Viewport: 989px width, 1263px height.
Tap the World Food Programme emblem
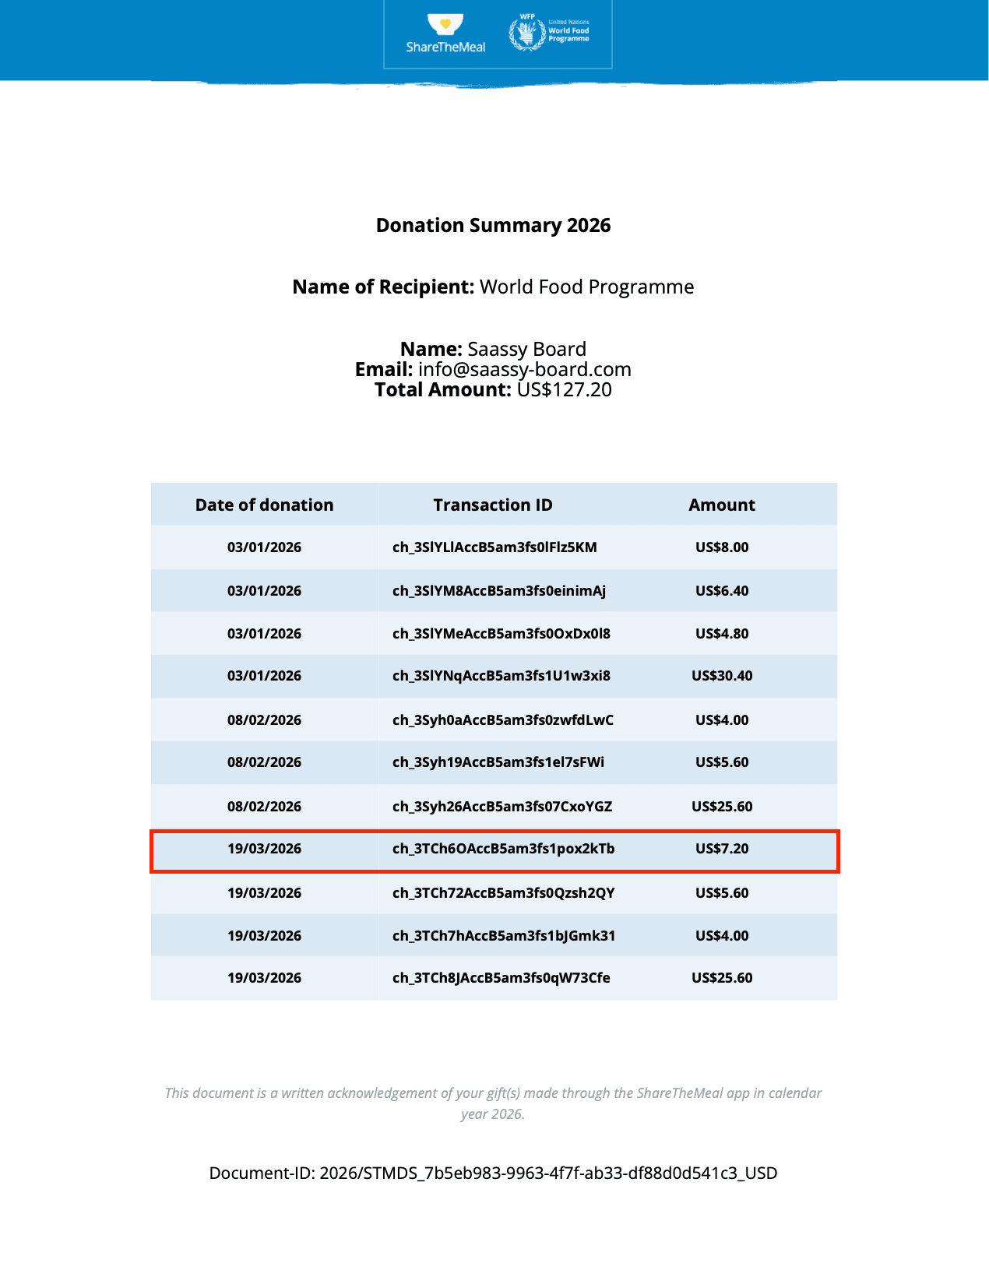pyautogui.click(x=527, y=33)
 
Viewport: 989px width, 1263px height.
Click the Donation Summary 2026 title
pyautogui.click(x=494, y=225)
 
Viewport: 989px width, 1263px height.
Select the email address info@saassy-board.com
pyautogui.click(x=524, y=369)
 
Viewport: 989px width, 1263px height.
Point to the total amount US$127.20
pyautogui.click(x=564, y=389)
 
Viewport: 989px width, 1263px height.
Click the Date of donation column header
pyautogui.click(x=264, y=505)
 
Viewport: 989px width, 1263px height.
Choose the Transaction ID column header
pyautogui.click(x=493, y=505)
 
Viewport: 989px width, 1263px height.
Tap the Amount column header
pyautogui.click(x=722, y=505)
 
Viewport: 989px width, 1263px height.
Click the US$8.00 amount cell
pyautogui.click(x=722, y=547)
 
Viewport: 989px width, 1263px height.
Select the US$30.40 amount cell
pyautogui.click(x=722, y=676)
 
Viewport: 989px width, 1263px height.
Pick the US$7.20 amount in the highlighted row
pyautogui.click(x=722, y=849)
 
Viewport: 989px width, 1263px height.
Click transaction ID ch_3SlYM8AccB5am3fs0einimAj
pyautogui.click(x=499, y=591)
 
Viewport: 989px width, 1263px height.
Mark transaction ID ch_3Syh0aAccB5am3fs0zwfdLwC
pyautogui.click(x=503, y=720)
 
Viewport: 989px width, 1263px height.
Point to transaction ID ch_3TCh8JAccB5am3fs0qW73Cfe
pyautogui.click(x=502, y=978)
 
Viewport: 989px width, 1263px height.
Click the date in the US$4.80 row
pyautogui.click(x=264, y=634)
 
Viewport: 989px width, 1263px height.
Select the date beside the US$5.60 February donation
pyautogui.click(x=264, y=762)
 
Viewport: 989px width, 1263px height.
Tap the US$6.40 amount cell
pyautogui.click(x=722, y=591)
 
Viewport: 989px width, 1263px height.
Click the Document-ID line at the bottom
pyautogui.click(x=493, y=1173)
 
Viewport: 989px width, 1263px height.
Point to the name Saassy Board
pyautogui.click(x=526, y=349)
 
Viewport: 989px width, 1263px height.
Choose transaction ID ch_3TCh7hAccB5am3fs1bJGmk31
pyautogui.click(x=504, y=936)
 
